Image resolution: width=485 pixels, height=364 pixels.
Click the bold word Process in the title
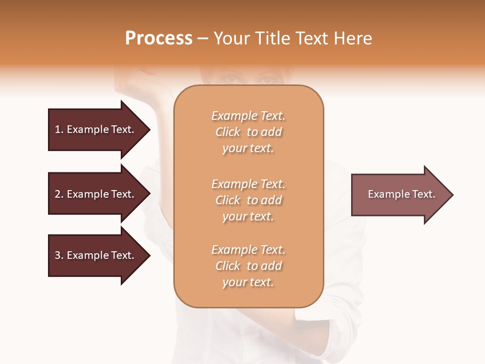(x=159, y=38)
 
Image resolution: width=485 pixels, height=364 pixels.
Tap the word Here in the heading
(x=353, y=38)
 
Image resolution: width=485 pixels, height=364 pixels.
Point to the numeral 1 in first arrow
(x=58, y=129)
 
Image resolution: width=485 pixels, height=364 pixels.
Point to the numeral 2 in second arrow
(x=58, y=194)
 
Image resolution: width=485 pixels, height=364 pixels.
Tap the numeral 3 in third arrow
(x=58, y=255)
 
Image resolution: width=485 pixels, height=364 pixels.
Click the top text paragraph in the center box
(x=248, y=132)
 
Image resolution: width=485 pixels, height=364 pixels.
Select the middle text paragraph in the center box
(x=248, y=200)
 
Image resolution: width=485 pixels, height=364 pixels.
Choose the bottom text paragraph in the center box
(x=248, y=266)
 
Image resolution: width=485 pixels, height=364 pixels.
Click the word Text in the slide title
(x=311, y=38)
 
